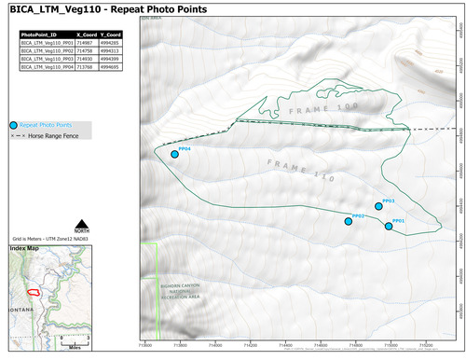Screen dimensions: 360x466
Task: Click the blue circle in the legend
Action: pyautogui.click(x=13, y=124)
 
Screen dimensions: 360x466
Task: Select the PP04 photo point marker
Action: pyautogui.click(x=174, y=155)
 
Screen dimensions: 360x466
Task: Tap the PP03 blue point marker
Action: pyautogui.click(x=379, y=206)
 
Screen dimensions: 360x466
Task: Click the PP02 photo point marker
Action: pyautogui.click(x=349, y=221)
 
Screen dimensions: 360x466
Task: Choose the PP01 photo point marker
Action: pyautogui.click(x=389, y=226)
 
